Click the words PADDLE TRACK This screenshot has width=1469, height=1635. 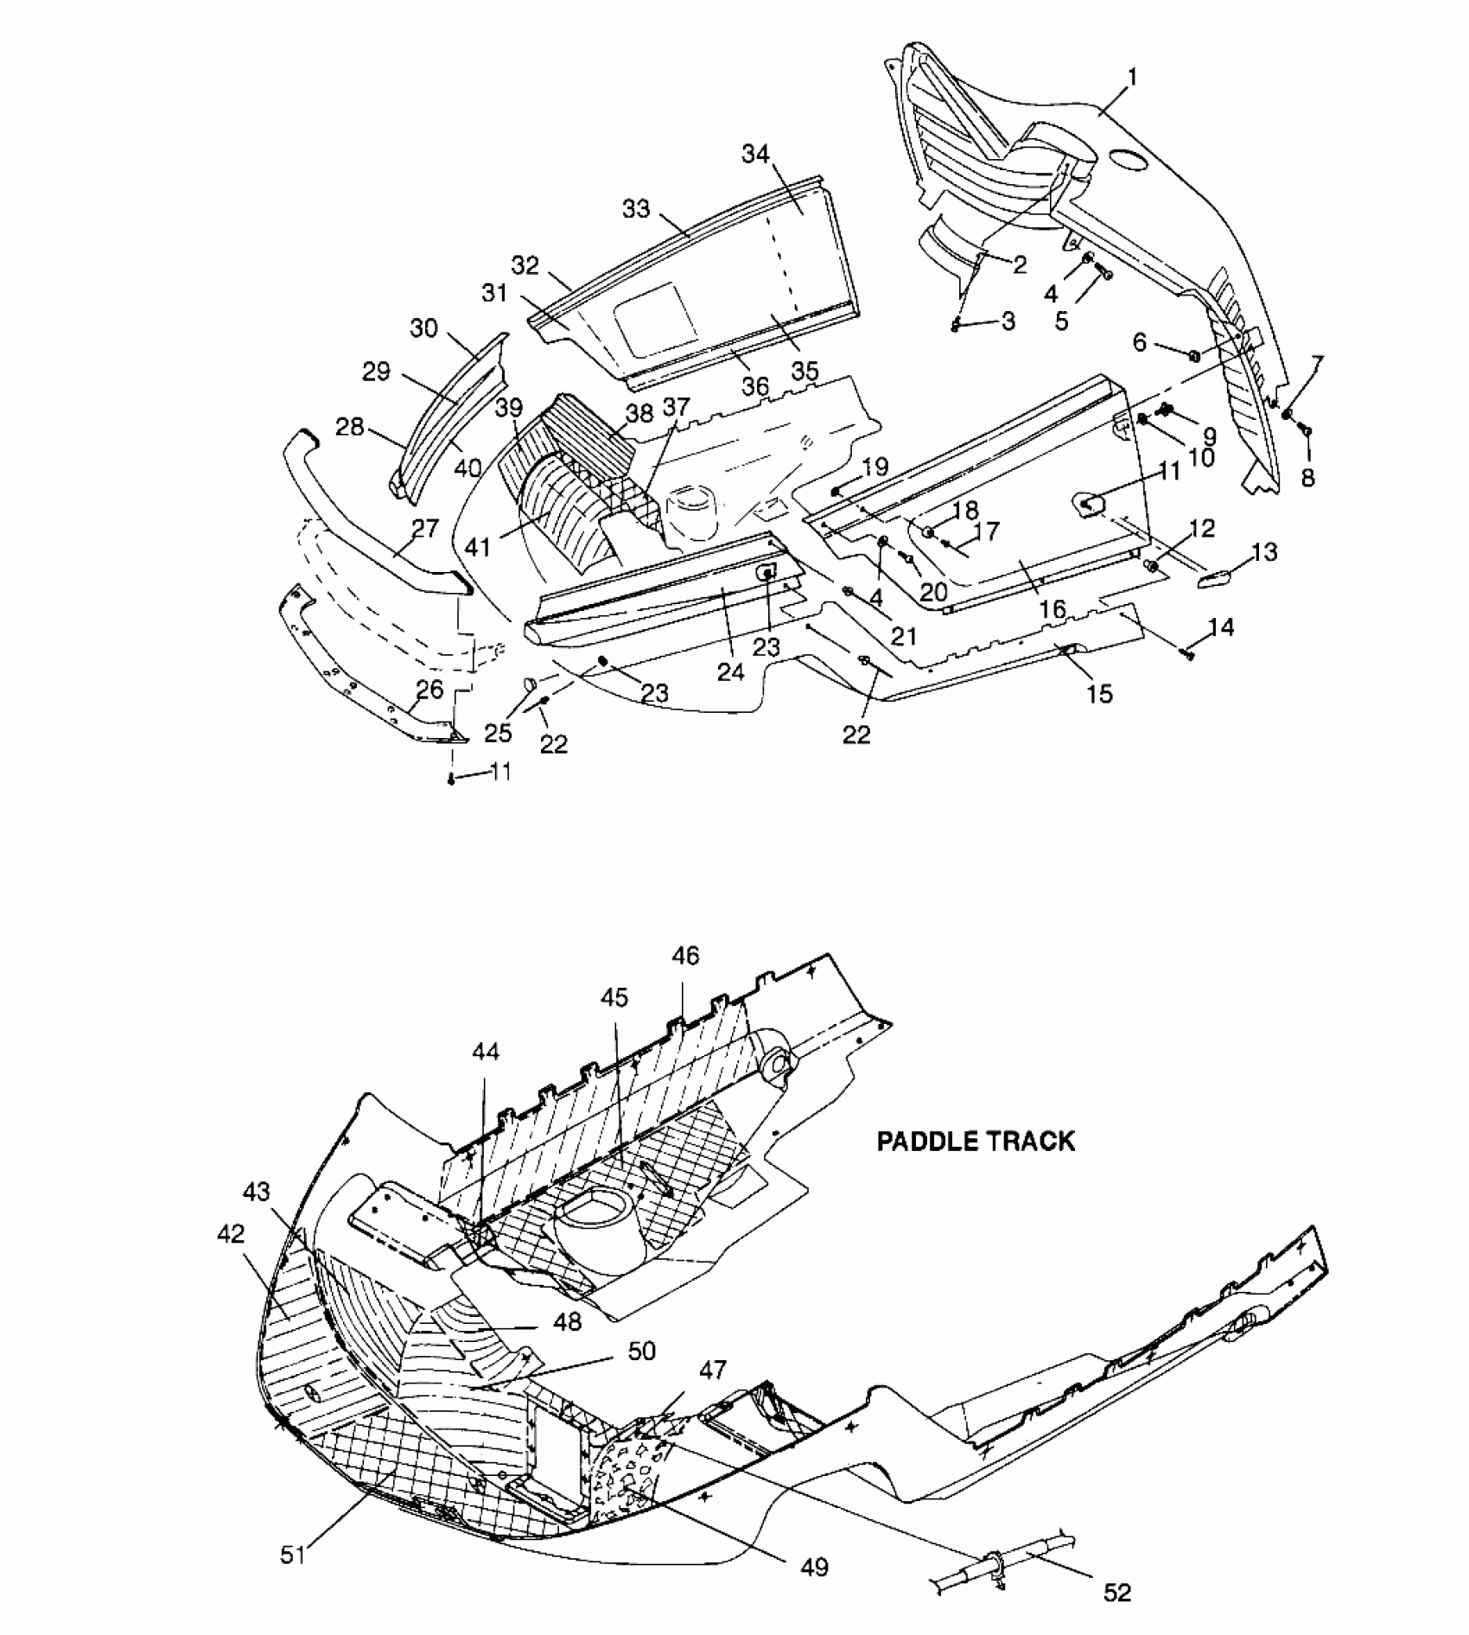976,1141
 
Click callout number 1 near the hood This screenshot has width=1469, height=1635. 1132,78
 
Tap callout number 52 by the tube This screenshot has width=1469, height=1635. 1117,1593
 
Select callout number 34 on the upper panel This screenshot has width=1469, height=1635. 755,155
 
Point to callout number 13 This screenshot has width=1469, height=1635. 1263,551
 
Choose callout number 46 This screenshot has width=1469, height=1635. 685,956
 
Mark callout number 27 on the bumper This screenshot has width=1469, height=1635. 426,527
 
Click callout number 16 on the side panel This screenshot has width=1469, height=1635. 1052,609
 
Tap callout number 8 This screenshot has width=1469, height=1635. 1307,477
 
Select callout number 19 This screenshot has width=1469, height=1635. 874,468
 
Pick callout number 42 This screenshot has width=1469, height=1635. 230,1234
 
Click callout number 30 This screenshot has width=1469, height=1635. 423,328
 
